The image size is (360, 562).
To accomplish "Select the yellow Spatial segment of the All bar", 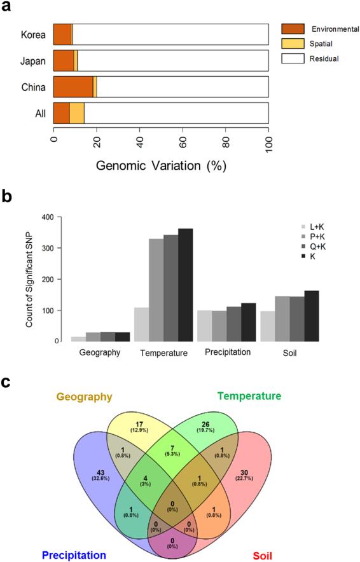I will coord(77,113).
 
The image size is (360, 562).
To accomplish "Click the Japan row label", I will coord(32,61).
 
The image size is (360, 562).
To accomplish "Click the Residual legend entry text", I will coord(325,58).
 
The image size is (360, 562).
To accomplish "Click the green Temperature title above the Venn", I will coord(249,396).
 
